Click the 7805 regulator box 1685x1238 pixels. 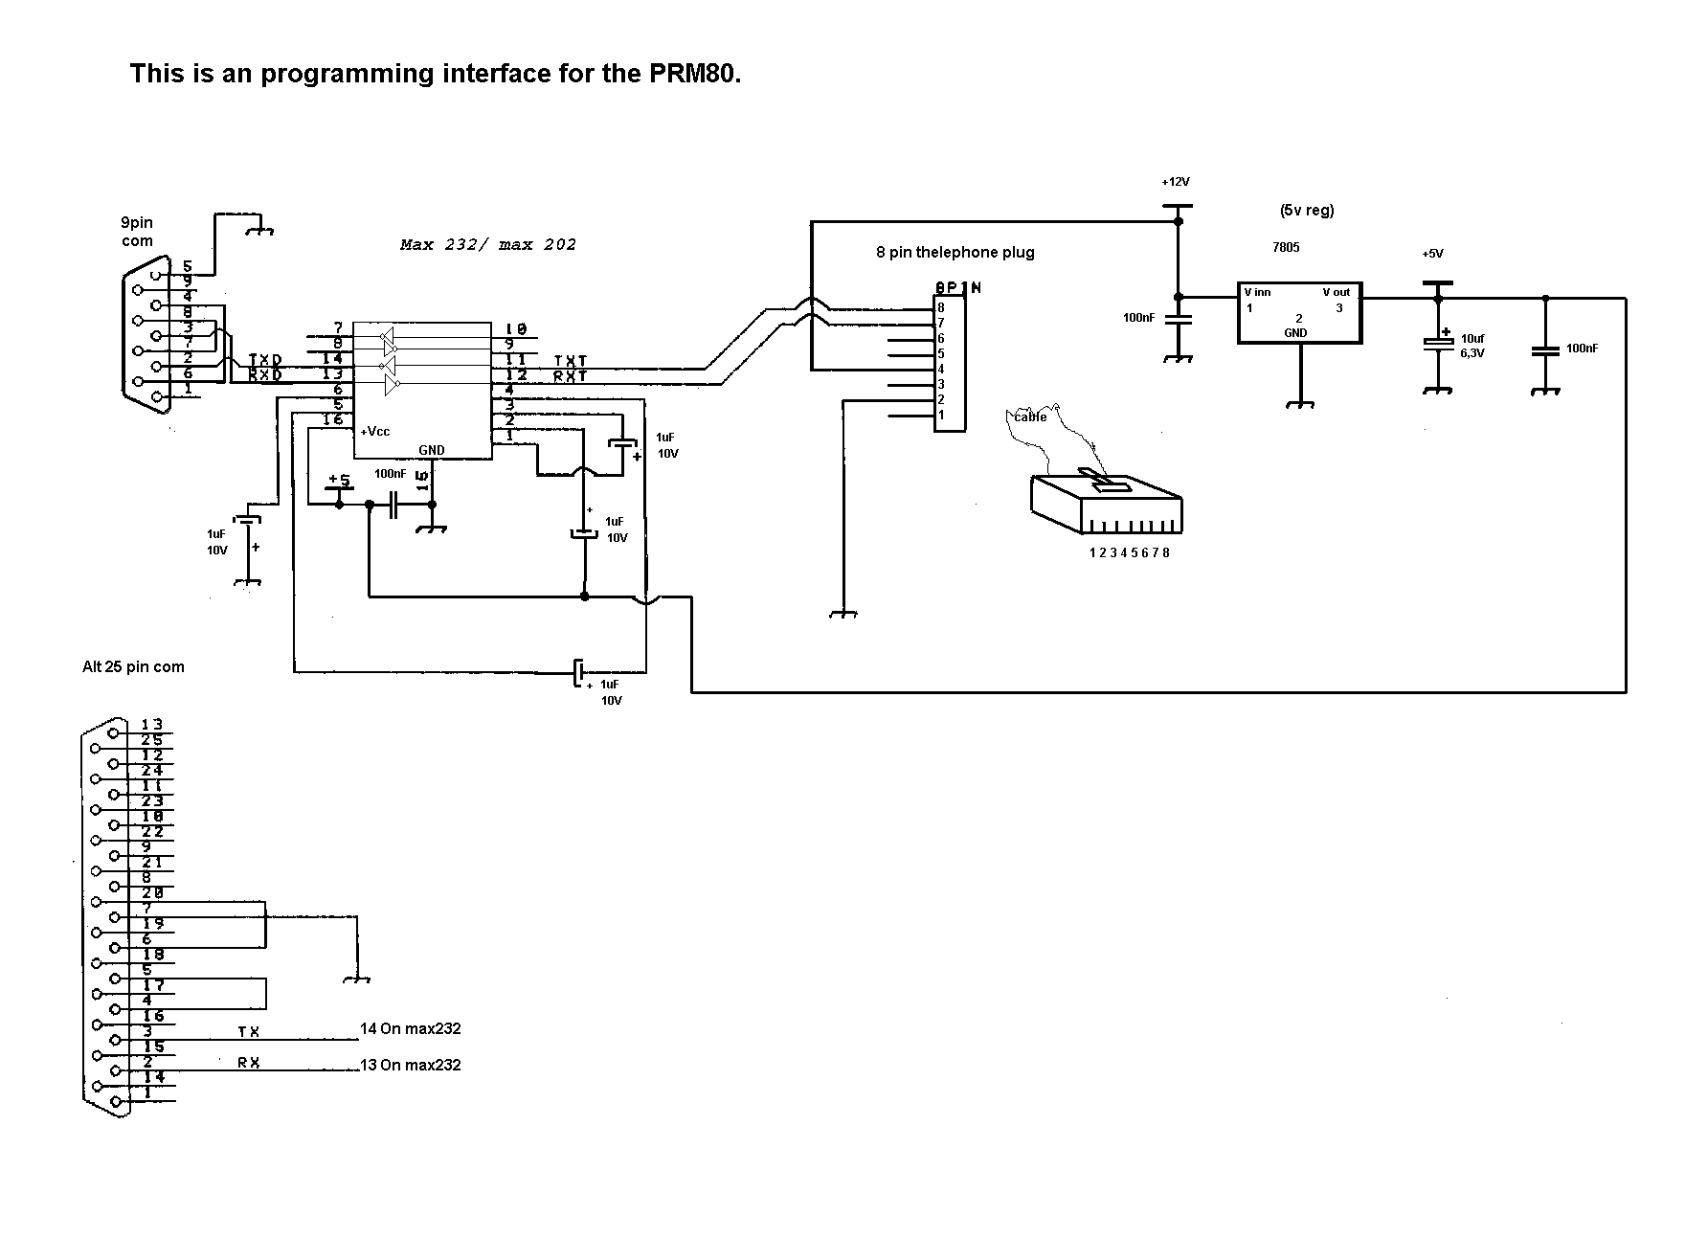click(1298, 312)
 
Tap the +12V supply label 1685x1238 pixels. click(1175, 182)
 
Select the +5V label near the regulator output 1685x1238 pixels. click(1432, 254)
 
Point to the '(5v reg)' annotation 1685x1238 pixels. click(1306, 211)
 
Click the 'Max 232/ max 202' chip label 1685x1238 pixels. click(488, 244)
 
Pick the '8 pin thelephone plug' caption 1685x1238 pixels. click(955, 253)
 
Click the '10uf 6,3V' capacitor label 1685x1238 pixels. click(1473, 346)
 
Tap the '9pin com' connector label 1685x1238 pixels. click(137, 232)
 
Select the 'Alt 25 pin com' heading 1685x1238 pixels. click(133, 666)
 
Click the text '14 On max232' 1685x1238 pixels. click(410, 1029)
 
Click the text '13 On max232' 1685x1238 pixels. click(410, 1065)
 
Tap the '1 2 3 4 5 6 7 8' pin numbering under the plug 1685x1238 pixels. click(1129, 552)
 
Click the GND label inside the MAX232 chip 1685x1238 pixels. click(432, 450)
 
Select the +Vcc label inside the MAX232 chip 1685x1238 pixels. click(375, 432)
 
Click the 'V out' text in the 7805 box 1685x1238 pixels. click(1336, 292)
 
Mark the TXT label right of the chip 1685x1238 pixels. click(570, 361)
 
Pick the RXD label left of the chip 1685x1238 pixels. click(265, 375)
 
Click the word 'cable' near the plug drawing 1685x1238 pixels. click(1030, 416)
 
